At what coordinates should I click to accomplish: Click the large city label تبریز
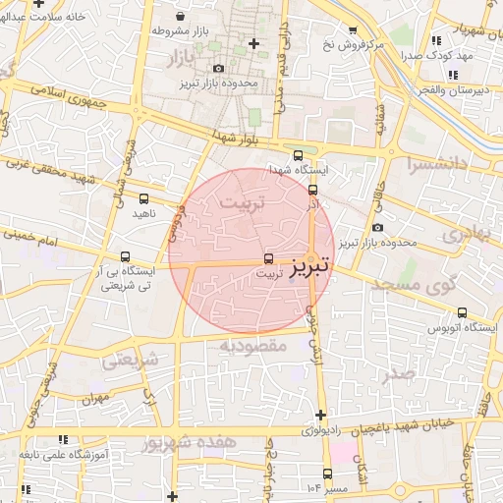point(311,266)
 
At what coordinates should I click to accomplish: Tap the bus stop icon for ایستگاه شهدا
point(298,155)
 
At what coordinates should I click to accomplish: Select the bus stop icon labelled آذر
point(312,190)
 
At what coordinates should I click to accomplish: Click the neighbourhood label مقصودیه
point(252,346)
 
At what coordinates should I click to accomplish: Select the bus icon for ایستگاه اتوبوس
point(462,312)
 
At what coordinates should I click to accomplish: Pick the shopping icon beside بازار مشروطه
point(183,17)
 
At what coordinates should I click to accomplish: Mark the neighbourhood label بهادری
point(465,236)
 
